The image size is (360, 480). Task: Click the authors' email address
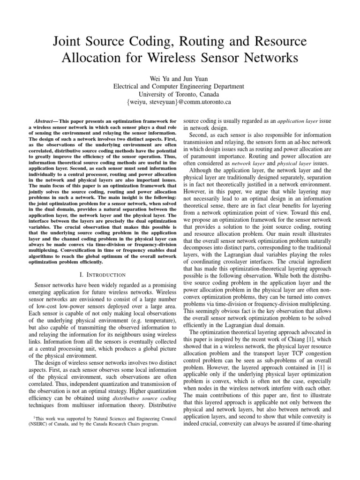coord(179,102)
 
